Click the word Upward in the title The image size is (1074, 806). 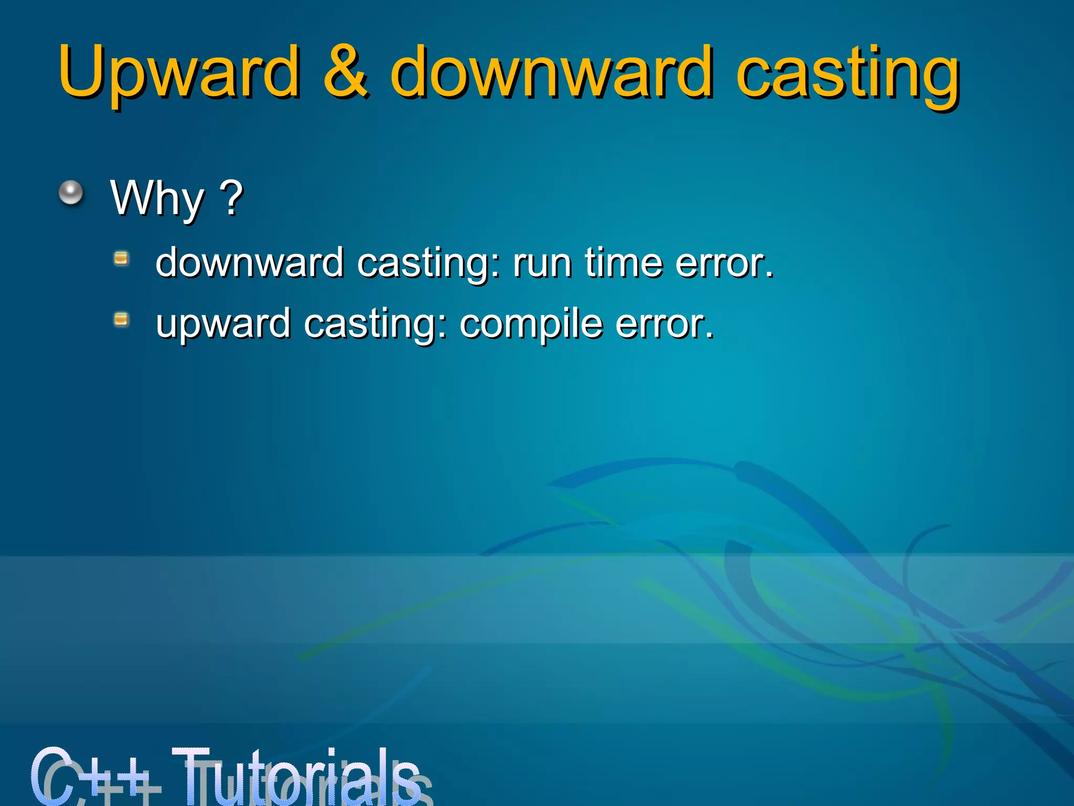coord(178,73)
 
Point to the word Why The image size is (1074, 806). coord(157,198)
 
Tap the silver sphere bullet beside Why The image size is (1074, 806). coord(71,193)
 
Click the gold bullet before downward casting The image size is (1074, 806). coord(121,258)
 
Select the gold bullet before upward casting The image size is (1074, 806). coord(121,319)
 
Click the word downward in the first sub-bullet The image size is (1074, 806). coord(250,262)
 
